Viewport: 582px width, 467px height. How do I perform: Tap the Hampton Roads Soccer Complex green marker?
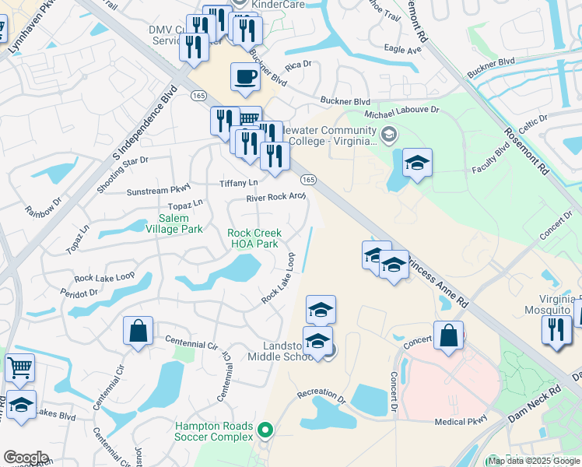click(x=265, y=429)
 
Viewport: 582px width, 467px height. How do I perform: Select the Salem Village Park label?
click(x=170, y=223)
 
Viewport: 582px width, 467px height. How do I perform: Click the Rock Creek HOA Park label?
click(x=254, y=238)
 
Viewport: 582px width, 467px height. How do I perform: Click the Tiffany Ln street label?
click(x=238, y=183)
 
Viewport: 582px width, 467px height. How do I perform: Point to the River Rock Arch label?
click(x=276, y=198)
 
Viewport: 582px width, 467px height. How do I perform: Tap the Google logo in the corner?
click(x=26, y=458)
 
